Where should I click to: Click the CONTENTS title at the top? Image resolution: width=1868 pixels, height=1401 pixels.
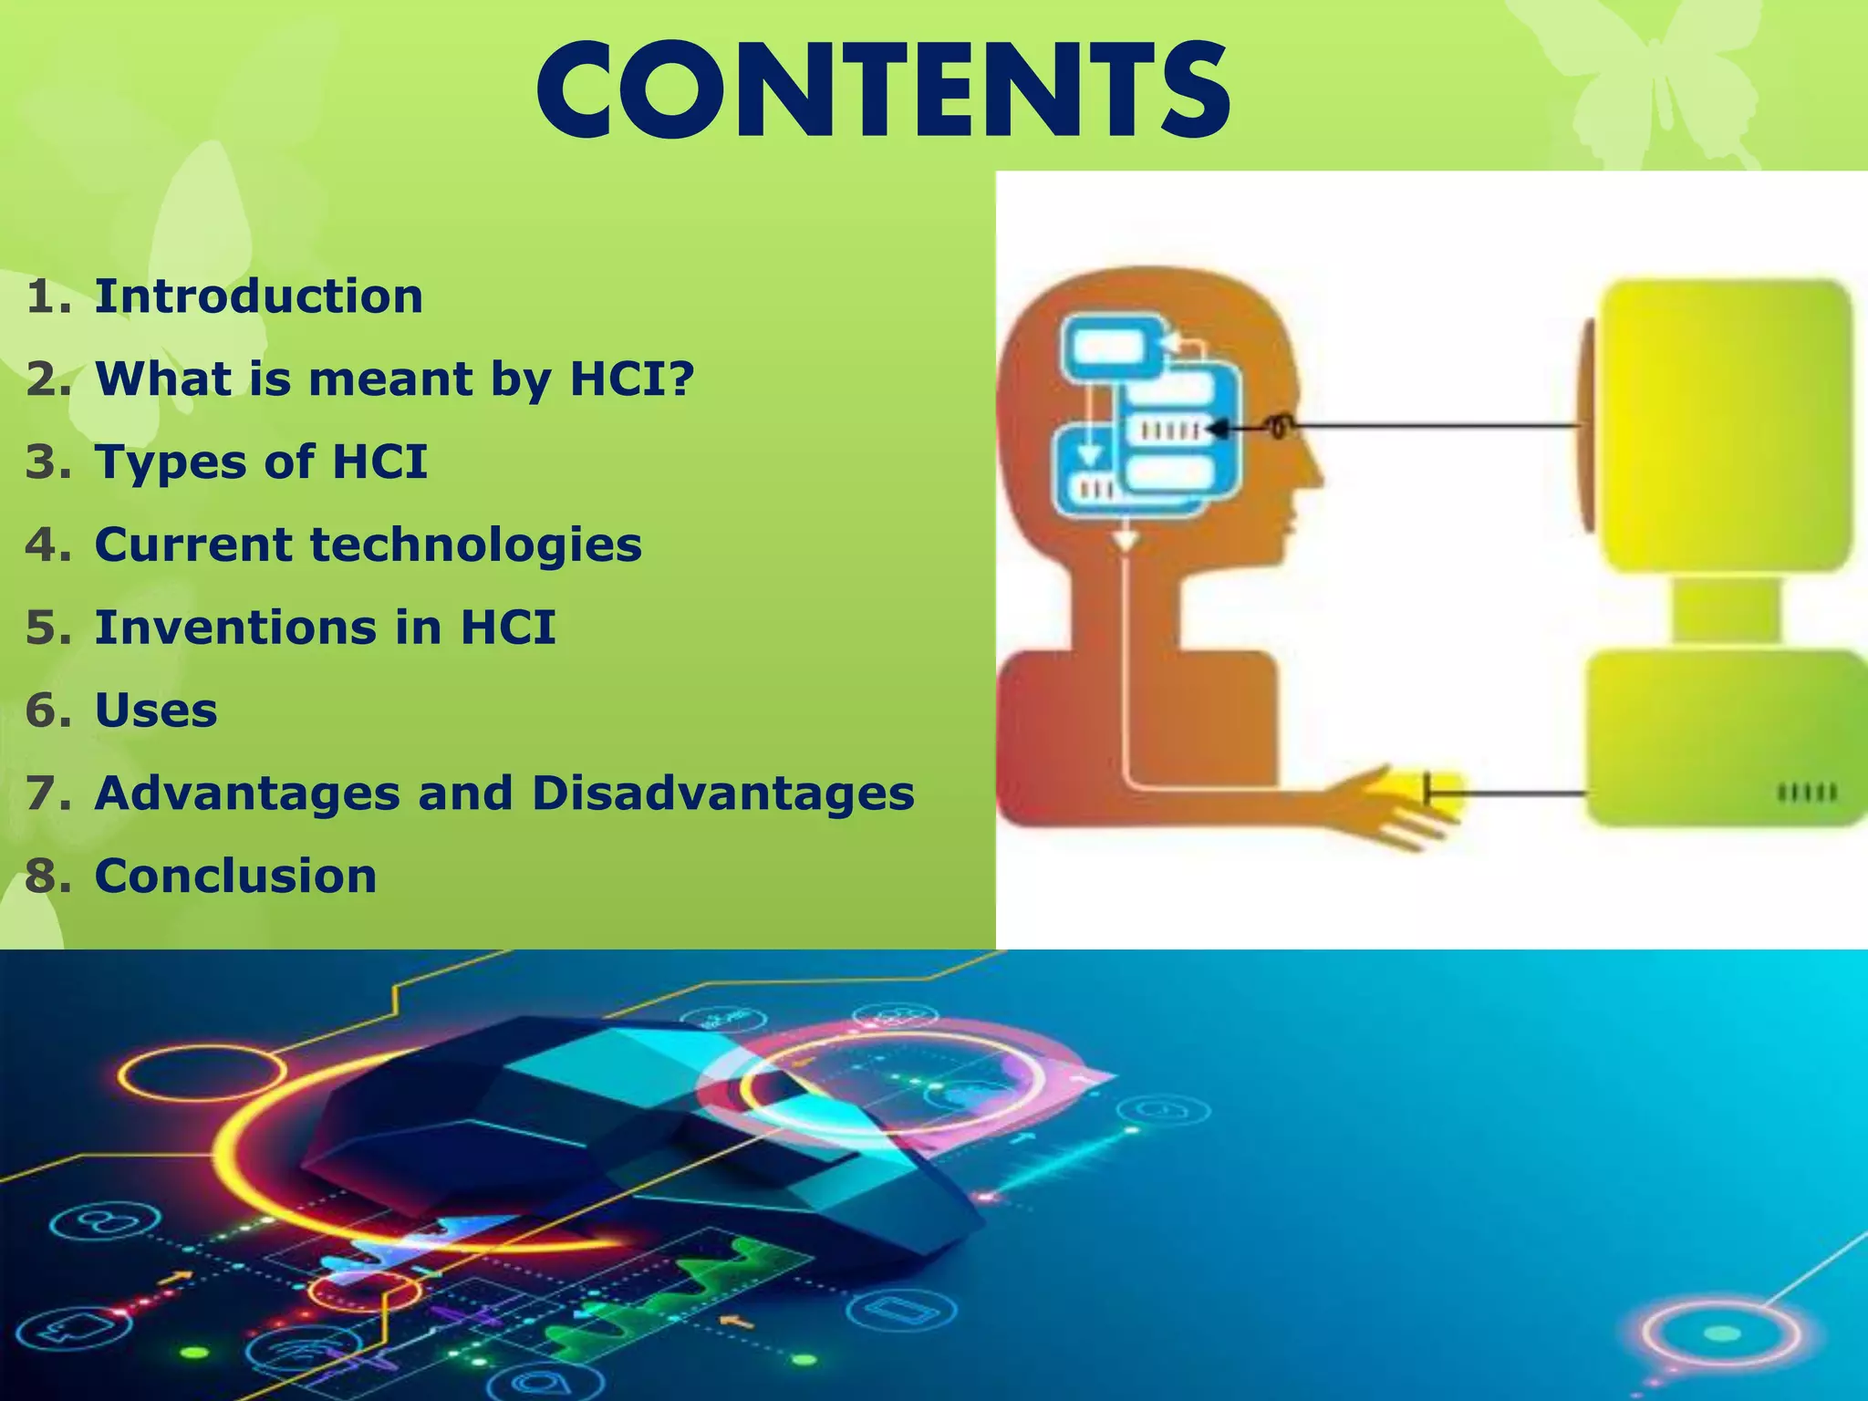pyautogui.click(x=883, y=91)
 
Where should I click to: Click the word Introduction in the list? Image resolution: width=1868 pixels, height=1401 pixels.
pyautogui.click(x=259, y=296)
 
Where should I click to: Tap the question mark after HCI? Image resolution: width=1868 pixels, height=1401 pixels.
pyautogui.click(x=680, y=378)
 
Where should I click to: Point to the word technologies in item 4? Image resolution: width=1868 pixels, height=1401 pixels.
pyautogui.click(x=476, y=545)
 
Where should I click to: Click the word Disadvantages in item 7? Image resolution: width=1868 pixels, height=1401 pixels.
pyautogui.click(x=722, y=793)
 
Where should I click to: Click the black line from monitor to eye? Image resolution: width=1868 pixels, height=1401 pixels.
pyautogui.click(x=1432, y=425)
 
